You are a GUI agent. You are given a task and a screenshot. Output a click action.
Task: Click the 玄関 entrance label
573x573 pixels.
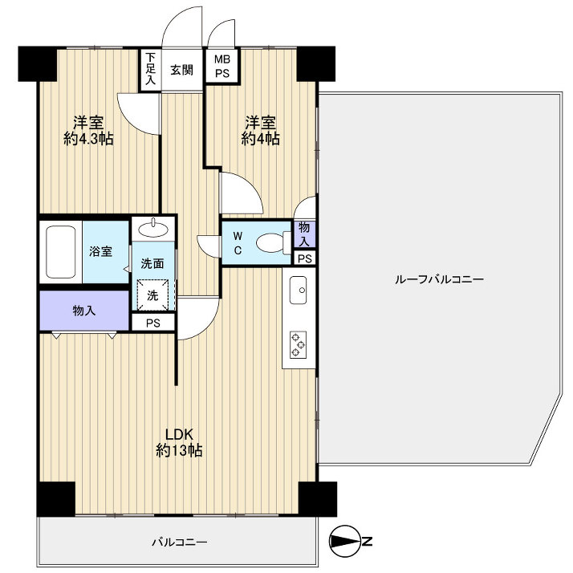click(181, 70)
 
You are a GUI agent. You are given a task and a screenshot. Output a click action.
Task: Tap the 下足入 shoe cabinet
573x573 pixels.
click(150, 69)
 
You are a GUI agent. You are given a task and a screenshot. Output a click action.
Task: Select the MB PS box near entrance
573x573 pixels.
click(221, 66)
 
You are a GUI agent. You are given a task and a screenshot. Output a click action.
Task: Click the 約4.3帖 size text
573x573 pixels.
click(88, 139)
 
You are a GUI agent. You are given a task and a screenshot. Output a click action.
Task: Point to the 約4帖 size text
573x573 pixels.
click(261, 139)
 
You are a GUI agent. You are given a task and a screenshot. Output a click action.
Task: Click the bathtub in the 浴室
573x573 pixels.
click(61, 252)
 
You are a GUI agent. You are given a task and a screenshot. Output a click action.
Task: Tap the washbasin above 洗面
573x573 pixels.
click(153, 229)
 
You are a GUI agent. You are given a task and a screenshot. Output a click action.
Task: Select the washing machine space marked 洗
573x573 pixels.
click(152, 295)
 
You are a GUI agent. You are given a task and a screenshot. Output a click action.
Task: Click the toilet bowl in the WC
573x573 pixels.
click(272, 242)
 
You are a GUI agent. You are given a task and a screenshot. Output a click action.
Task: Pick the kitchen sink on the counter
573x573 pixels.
click(299, 290)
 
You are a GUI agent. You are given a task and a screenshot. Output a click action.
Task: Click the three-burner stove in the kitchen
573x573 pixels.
click(299, 344)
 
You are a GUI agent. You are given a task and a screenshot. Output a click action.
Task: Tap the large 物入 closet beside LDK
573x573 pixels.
click(84, 311)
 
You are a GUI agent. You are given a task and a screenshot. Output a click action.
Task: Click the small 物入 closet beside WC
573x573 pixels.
click(304, 234)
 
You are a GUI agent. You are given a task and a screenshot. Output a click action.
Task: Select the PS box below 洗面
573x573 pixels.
click(153, 323)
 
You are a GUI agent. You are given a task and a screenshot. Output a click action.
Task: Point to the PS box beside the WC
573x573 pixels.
click(305, 258)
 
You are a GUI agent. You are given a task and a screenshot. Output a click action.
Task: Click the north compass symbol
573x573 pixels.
click(345, 540)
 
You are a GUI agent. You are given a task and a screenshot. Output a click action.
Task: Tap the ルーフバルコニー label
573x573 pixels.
click(439, 279)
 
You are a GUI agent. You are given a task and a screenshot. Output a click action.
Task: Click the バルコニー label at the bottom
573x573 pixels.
click(180, 542)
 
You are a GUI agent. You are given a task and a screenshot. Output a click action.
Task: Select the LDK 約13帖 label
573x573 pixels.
click(179, 442)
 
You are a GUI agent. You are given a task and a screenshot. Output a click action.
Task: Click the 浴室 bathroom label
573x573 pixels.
click(100, 251)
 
